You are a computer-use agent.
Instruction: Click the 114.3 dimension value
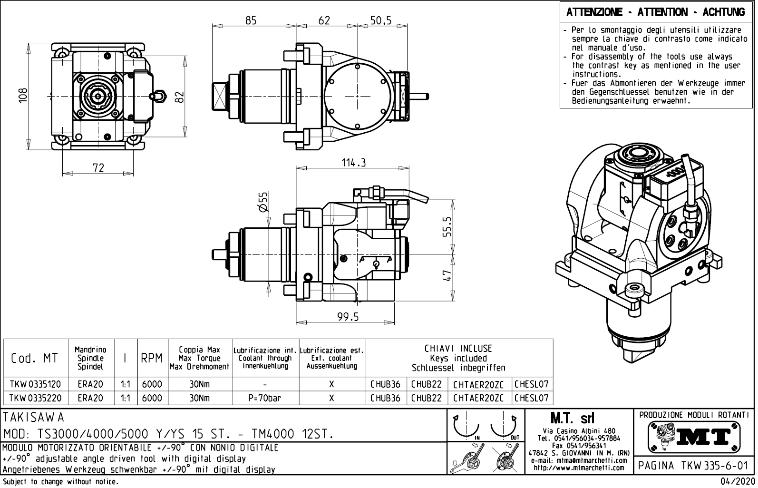pyautogui.click(x=354, y=163)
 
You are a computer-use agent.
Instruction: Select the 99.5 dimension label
pyautogui.click(x=348, y=317)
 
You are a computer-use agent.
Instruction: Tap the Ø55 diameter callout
pyautogui.click(x=262, y=202)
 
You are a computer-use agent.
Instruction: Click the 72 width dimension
pyautogui.click(x=98, y=168)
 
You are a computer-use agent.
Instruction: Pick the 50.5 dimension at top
pyautogui.click(x=380, y=20)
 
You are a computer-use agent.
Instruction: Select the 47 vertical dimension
pyautogui.click(x=447, y=276)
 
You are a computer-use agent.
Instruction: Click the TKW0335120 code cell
pyautogui.click(x=36, y=384)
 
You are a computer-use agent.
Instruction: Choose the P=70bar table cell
pyautogui.click(x=265, y=398)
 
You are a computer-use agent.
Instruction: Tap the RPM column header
pyautogui.click(x=152, y=359)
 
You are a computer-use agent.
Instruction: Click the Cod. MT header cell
pyautogui.click(x=34, y=359)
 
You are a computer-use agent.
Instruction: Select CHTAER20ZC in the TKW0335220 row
pyautogui.click(x=478, y=398)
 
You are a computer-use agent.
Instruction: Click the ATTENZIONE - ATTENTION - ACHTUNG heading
pyautogui.click(x=656, y=12)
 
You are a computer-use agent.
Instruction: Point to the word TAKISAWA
pyautogui.click(x=33, y=418)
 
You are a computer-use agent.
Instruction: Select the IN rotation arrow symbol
pyautogui.click(x=468, y=427)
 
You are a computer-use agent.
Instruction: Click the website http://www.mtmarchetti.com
pyautogui.click(x=579, y=468)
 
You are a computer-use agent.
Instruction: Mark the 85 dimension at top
pyautogui.click(x=251, y=20)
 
